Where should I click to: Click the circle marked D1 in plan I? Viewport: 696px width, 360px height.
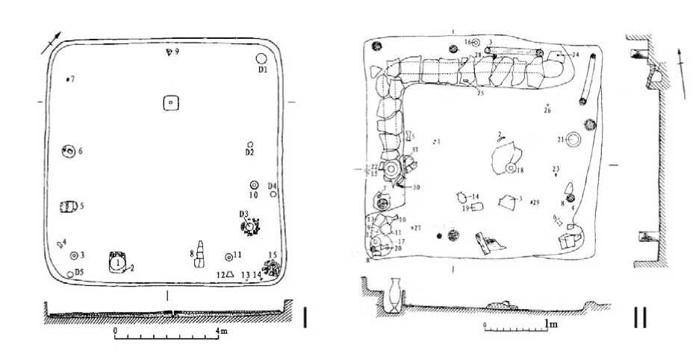tap(262, 59)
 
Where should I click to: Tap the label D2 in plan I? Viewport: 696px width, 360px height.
tap(251, 153)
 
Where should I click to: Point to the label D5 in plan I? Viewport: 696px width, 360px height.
tap(79, 272)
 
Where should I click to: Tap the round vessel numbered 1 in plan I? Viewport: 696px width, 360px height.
tap(117, 262)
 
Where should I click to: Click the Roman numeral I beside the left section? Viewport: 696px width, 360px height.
tap(306, 317)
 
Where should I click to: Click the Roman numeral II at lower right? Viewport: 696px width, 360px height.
tap(640, 317)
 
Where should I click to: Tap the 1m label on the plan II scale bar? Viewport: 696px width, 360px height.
tap(552, 325)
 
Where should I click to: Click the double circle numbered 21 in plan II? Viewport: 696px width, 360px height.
tap(574, 140)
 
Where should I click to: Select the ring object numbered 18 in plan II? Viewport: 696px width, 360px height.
tap(511, 170)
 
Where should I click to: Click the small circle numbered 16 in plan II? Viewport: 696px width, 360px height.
tap(476, 43)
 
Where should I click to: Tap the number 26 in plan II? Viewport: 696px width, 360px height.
tap(547, 111)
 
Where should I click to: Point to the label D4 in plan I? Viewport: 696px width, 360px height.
tap(273, 185)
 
